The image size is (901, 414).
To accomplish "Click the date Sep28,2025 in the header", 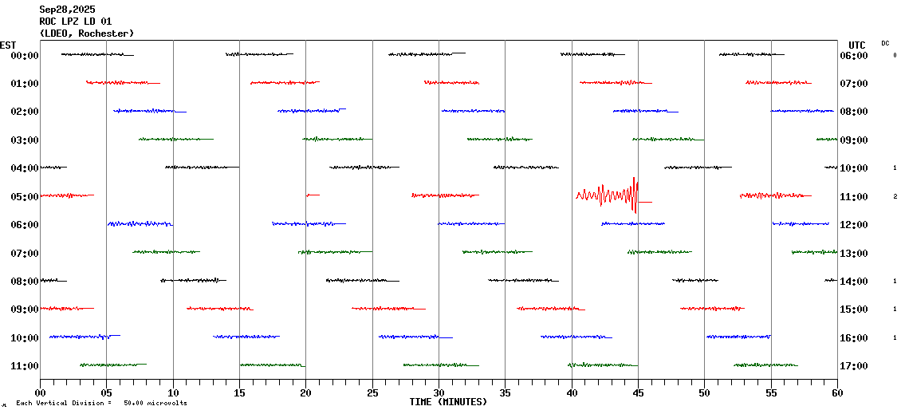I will coord(70,10).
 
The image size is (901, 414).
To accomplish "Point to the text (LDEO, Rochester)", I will coord(87,34).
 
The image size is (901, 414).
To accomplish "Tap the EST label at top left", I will coord(8,45).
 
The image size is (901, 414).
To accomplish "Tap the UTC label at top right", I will coord(857,45).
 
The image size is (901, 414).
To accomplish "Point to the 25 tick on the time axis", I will coord(372,393).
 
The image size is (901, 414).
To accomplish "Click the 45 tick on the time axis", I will coord(637,393).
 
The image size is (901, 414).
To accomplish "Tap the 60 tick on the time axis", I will coord(836,393).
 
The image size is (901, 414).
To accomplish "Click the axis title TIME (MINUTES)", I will coord(448,402).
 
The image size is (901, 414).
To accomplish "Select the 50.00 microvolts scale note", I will coord(155,404).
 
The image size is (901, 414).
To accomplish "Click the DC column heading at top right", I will coord(885,43).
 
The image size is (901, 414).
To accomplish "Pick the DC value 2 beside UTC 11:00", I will coord(895,196).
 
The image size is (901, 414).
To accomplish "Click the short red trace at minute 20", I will coord(313,195).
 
